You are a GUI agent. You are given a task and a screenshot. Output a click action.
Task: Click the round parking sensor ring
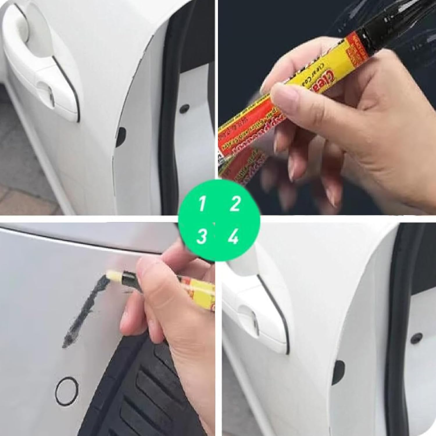(x=67, y=391)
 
